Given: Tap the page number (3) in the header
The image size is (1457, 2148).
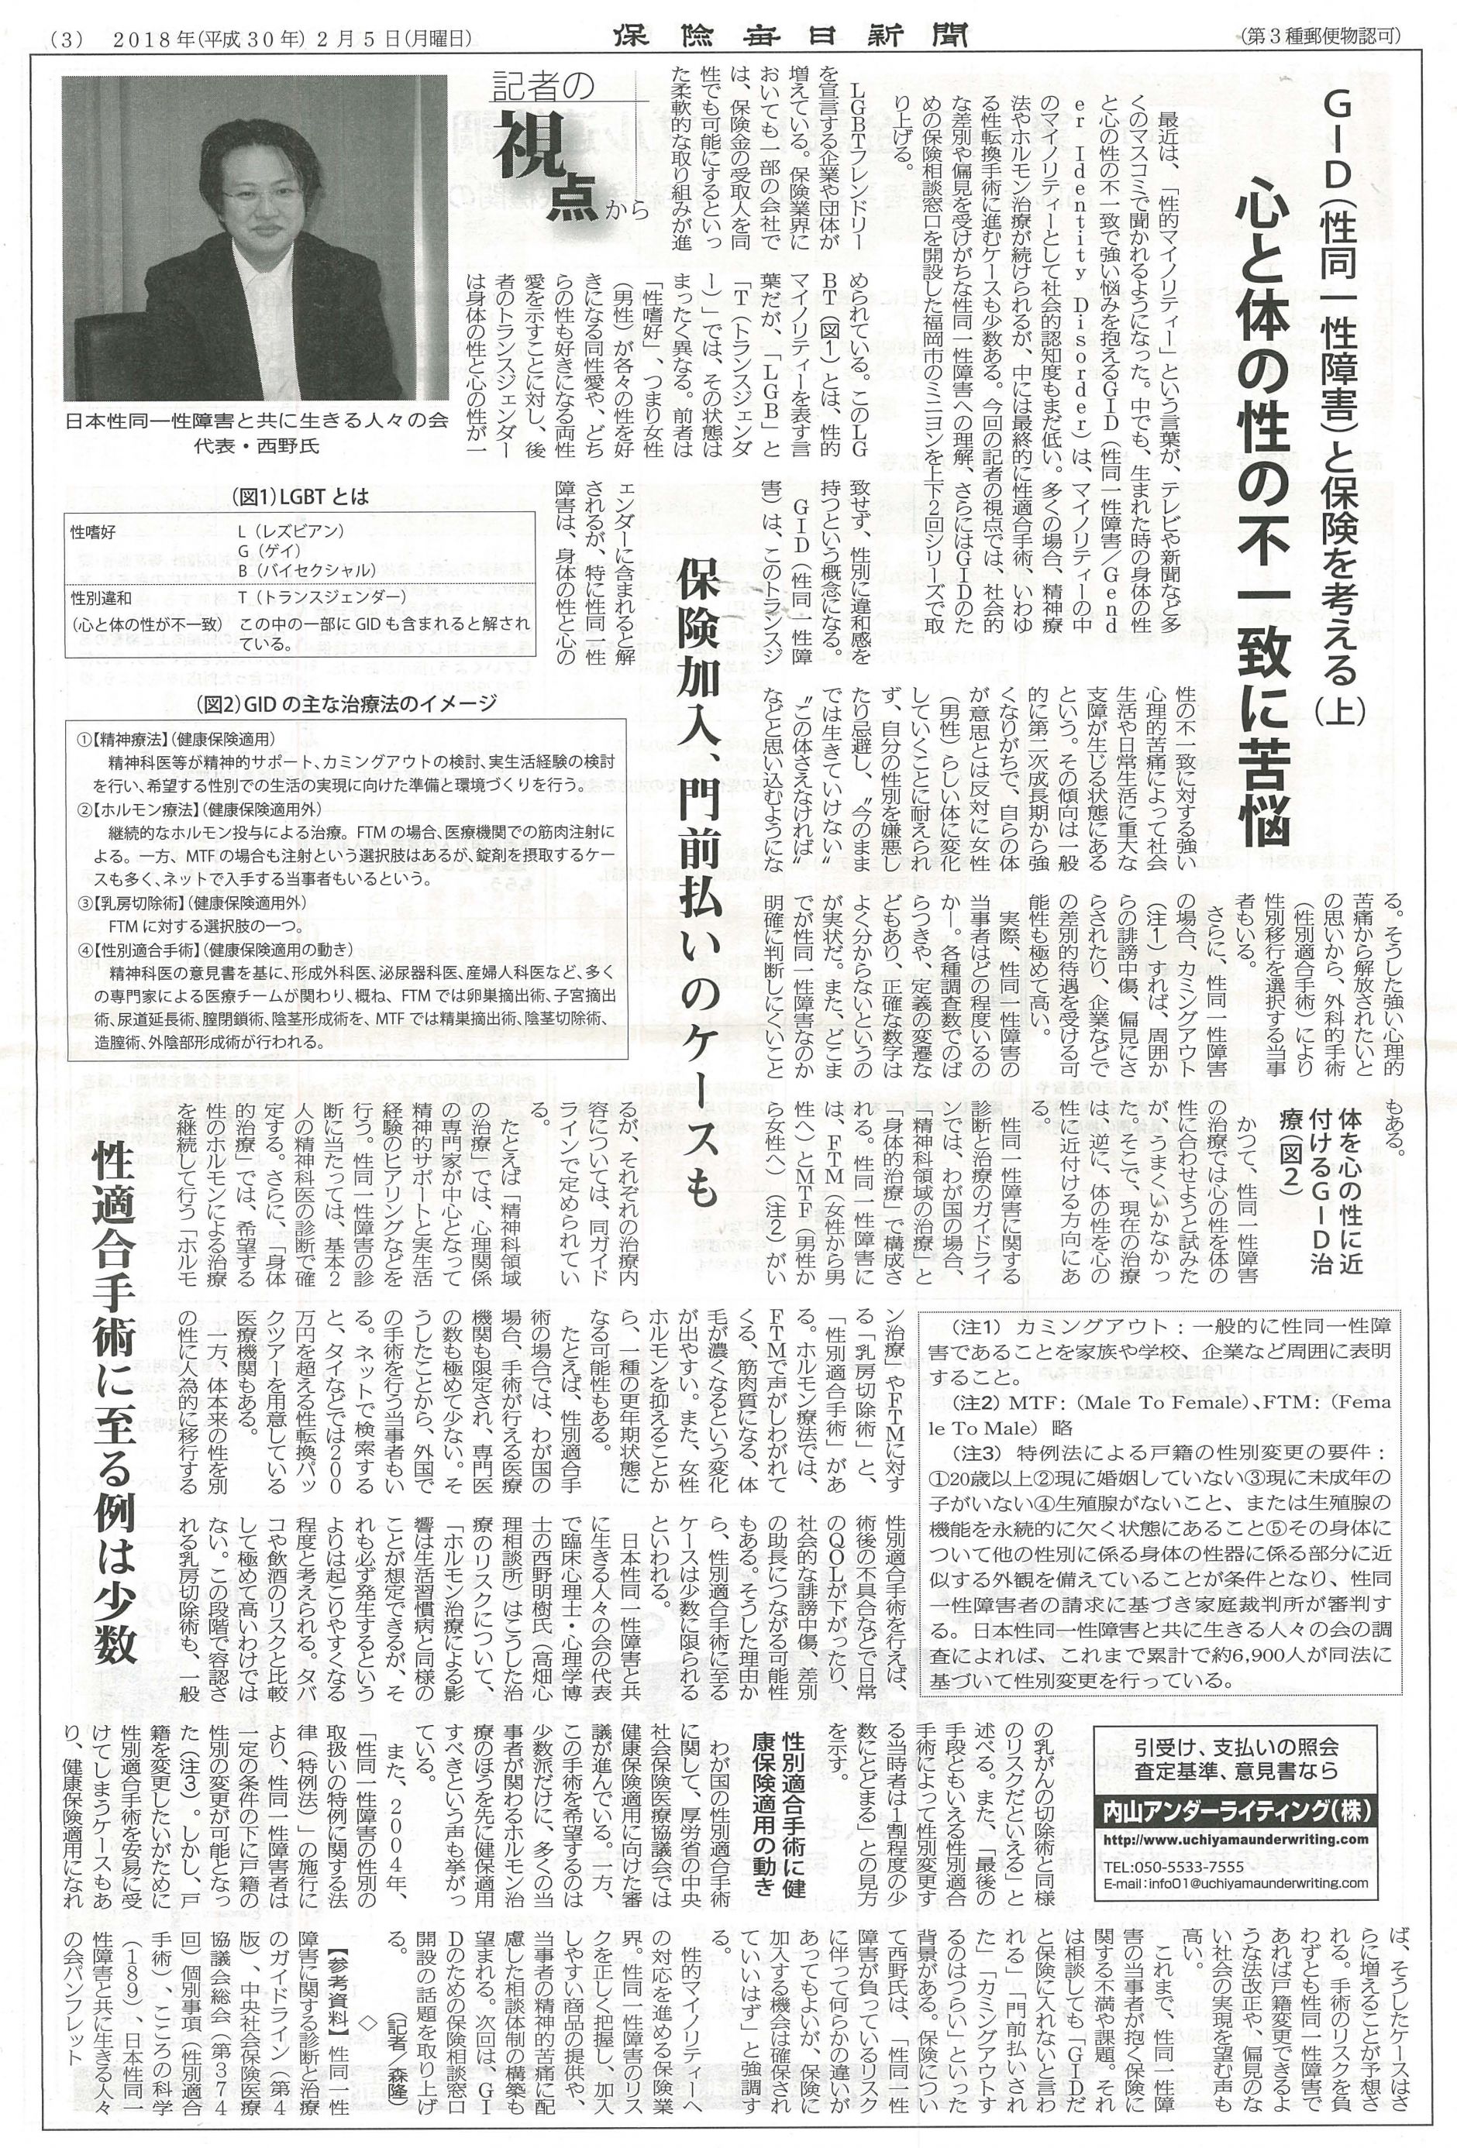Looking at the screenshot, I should [72, 38].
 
